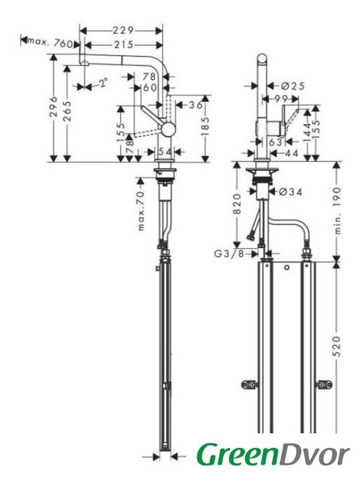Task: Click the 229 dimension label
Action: (x=123, y=31)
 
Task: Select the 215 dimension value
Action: (x=123, y=44)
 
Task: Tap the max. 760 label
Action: (x=51, y=43)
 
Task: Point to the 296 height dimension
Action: (x=54, y=106)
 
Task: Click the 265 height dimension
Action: (x=67, y=111)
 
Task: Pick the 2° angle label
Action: (x=103, y=83)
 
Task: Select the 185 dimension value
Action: (x=205, y=126)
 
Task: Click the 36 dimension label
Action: (x=195, y=105)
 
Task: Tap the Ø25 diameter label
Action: (x=293, y=86)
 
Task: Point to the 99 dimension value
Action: (x=281, y=100)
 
